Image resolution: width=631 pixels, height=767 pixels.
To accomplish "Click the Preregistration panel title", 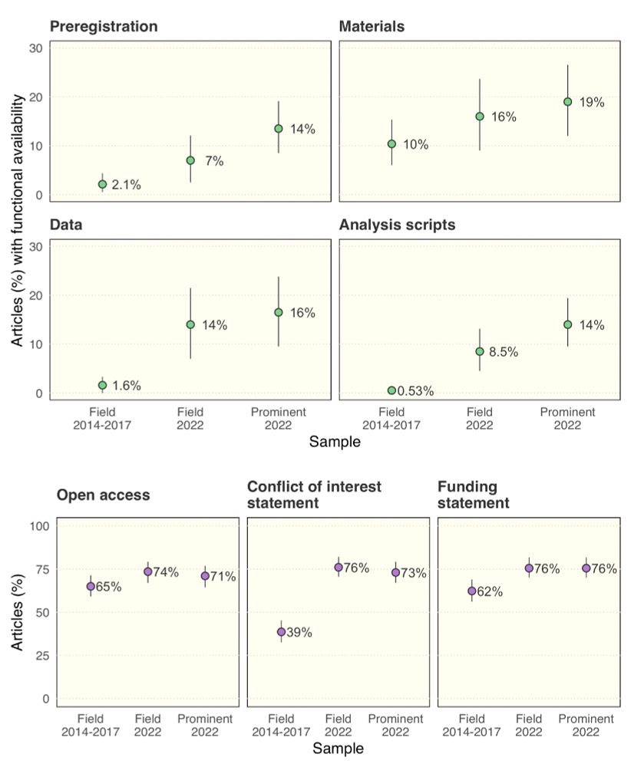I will (104, 27).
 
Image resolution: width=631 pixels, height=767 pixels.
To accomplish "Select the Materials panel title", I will (372, 27).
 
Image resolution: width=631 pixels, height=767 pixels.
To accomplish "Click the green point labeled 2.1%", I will (102, 184).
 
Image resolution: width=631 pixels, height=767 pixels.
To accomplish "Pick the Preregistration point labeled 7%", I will (190, 160).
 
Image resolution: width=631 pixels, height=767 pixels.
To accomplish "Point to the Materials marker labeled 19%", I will (568, 102).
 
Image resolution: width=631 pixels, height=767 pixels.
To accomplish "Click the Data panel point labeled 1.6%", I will (102, 385).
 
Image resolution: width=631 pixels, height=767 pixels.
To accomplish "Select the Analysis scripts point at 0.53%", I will (391, 390).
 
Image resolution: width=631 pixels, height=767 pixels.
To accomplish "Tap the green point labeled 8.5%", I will (480, 351).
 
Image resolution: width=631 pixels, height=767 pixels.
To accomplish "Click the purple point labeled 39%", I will (281, 632).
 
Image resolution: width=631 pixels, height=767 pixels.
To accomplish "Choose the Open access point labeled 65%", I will (91, 586).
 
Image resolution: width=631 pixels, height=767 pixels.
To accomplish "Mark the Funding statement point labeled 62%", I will (471, 591).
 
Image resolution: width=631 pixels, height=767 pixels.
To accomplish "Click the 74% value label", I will (167, 571).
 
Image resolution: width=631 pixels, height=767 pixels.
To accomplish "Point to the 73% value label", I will (413, 573).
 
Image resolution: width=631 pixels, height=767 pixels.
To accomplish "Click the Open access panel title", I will (103, 495).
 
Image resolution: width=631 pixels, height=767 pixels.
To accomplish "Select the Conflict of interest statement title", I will (314, 495).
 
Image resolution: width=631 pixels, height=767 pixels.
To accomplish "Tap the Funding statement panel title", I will (473, 495).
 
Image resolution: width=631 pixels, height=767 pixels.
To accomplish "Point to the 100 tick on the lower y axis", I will (41, 526).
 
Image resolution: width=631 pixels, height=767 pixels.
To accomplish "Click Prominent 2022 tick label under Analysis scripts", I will (567, 418).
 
